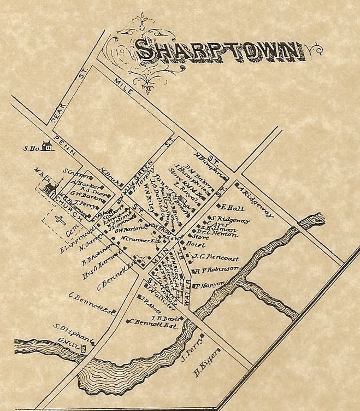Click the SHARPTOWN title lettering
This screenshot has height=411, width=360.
(219, 51)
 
